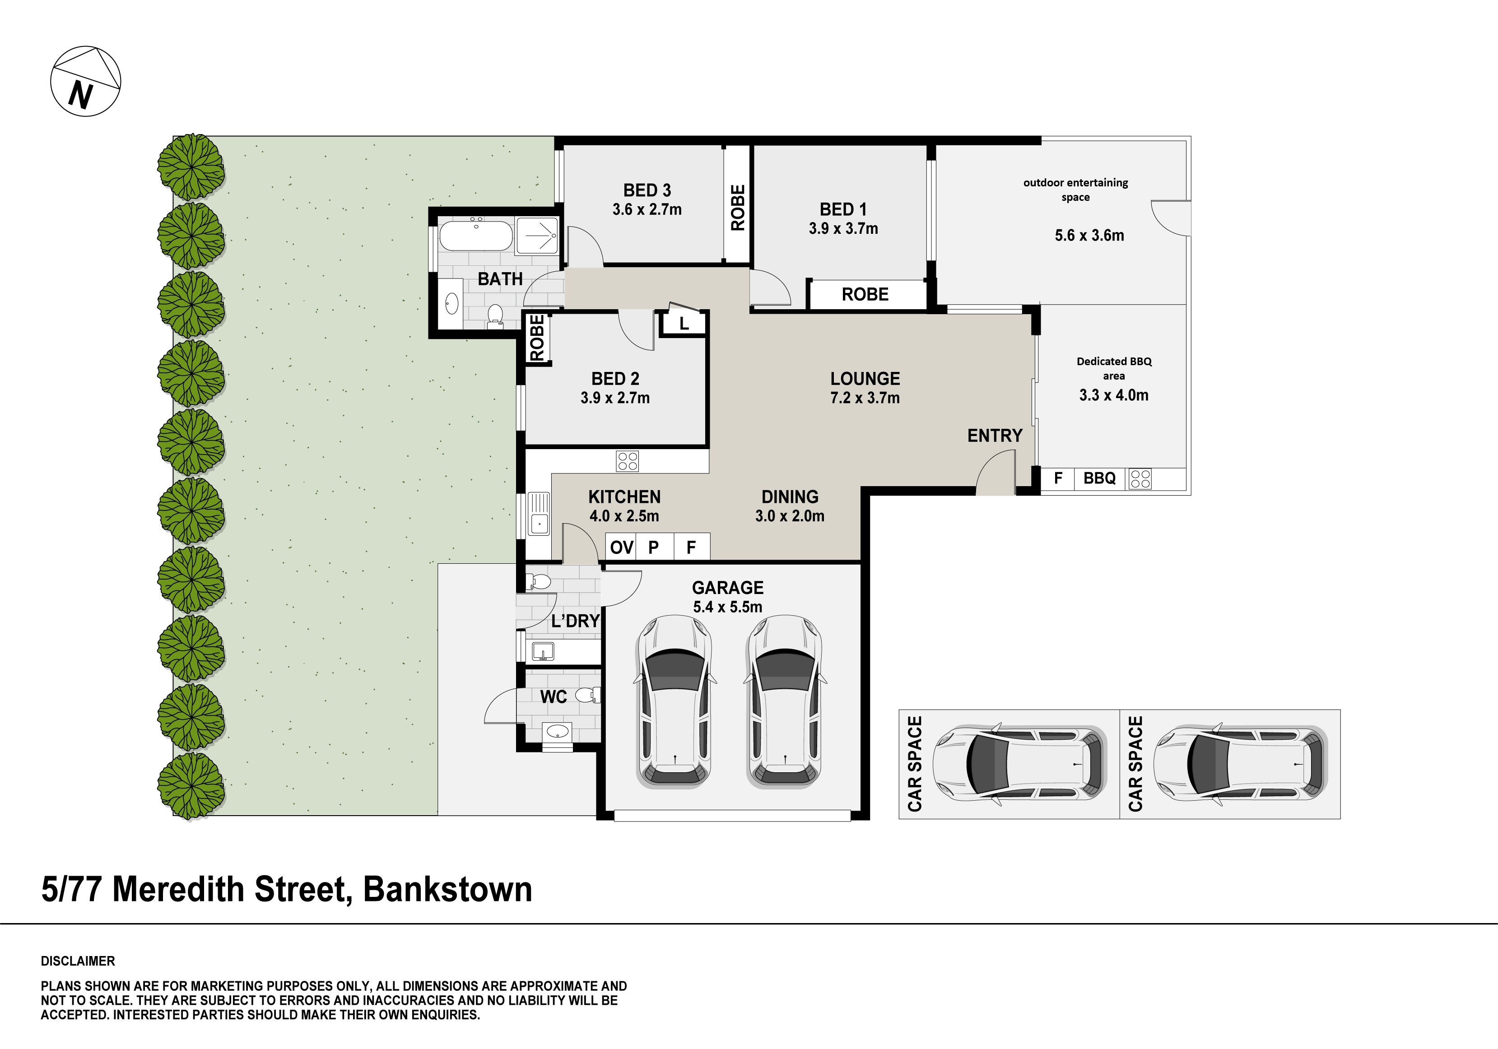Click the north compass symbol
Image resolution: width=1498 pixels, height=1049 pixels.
[85, 82]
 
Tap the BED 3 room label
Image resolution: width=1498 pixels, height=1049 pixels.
[647, 190]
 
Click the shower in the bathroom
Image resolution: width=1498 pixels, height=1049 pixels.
[537, 236]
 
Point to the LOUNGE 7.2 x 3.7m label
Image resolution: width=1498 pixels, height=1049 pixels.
[865, 387]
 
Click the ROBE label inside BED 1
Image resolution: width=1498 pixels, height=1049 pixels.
[865, 294]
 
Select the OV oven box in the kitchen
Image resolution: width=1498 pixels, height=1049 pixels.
[621, 547]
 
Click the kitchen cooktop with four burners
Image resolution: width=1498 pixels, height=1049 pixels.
[627, 461]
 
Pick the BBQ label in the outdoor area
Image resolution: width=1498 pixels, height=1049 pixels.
[1099, 478]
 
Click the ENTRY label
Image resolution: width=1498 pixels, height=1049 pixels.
[994, 435]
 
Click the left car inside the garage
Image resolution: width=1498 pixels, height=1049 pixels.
[674, 701]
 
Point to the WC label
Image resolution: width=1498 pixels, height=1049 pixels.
[553, 697]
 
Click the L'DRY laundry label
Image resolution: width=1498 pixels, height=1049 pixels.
[575, 621]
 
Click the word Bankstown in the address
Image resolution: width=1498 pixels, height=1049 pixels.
[447, 889]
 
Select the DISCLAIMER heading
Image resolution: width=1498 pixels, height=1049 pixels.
[78, 961]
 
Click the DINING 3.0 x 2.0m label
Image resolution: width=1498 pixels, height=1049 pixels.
[790, 506]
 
